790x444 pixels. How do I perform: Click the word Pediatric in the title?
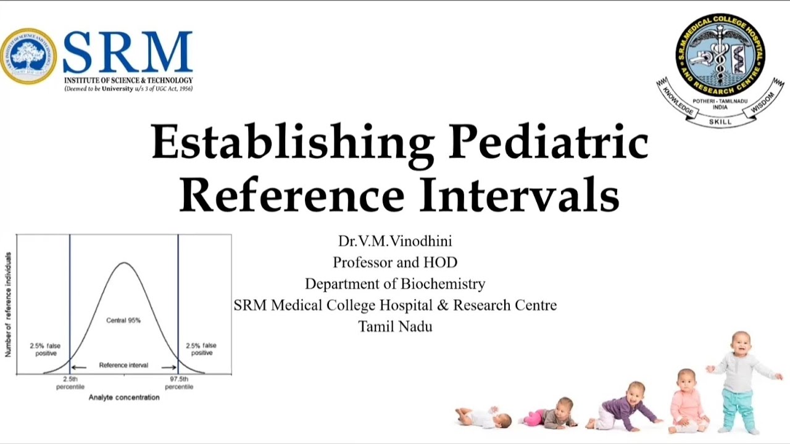549,142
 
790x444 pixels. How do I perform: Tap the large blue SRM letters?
128,54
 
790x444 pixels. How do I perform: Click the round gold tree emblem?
28,56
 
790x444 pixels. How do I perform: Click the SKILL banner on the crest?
720,121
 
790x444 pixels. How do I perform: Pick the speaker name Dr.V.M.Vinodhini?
395,241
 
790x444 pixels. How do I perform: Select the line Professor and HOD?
395,263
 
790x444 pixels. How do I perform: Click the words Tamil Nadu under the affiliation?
395,326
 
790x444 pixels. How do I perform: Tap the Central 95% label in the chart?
123,321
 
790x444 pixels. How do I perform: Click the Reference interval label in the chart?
123,366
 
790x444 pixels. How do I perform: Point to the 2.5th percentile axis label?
70,383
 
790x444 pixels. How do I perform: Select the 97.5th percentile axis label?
179,383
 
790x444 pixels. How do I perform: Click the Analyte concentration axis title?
124,398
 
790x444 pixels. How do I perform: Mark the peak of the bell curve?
124,263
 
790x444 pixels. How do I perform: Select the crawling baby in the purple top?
623,408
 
